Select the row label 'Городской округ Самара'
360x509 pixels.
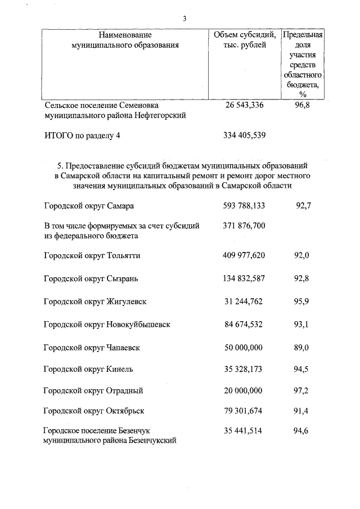coord(89,206)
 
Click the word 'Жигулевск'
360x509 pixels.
coord(126,301)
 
